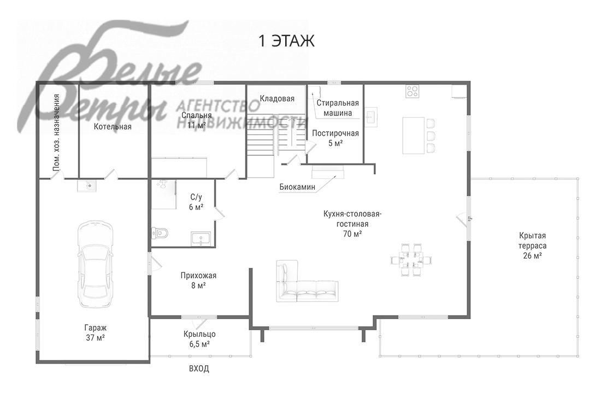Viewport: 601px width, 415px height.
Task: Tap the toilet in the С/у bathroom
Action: [160, 232]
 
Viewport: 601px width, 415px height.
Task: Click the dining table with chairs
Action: [411, 260]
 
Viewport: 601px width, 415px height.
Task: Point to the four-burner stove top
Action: [413, 91]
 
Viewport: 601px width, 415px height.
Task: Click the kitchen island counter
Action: [413, 136]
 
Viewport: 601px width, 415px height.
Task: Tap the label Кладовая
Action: [277, 99]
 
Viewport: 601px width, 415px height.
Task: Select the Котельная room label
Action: [113, 126]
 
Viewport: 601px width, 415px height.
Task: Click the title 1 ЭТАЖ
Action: [287, 40]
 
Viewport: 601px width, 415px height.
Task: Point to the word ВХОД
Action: [199, 369]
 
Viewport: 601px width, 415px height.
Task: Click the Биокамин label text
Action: [297, 187]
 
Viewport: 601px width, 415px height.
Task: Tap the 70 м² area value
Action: [352, 234]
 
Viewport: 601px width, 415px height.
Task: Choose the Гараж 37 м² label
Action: [96, 332]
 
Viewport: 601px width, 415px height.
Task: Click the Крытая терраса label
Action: [532, 246]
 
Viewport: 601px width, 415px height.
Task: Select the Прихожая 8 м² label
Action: [198, 280]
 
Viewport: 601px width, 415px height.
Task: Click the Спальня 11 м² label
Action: [197, 120]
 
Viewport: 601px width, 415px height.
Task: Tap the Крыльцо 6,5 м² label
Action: [199, 339]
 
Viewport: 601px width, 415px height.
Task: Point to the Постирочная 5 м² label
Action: [335, 138]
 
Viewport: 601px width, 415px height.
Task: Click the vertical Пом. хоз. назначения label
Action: [57, 132]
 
